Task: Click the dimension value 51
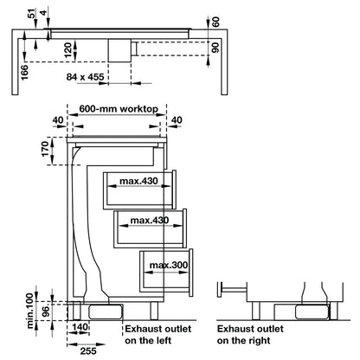(32, 14)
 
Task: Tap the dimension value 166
(25, 73)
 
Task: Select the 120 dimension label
(68, 50)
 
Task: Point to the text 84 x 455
(85, 77)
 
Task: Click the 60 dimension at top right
(215, 22)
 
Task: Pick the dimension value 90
(215, 48)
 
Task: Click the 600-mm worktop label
(119, 109)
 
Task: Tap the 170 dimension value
(46, 149)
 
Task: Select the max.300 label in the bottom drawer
(169, 265)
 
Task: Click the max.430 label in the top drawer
(139, 181)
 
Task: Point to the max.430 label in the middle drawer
(150, 221)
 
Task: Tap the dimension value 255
(88, 350)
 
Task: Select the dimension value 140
(80, 327)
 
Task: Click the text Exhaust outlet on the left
(158, 335)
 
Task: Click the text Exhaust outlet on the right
(250, 335)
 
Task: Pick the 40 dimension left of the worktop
(58, 119)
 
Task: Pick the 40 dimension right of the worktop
(177, 119)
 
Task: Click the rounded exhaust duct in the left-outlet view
(106, 312)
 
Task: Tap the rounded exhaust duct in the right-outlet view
(312, 312)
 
